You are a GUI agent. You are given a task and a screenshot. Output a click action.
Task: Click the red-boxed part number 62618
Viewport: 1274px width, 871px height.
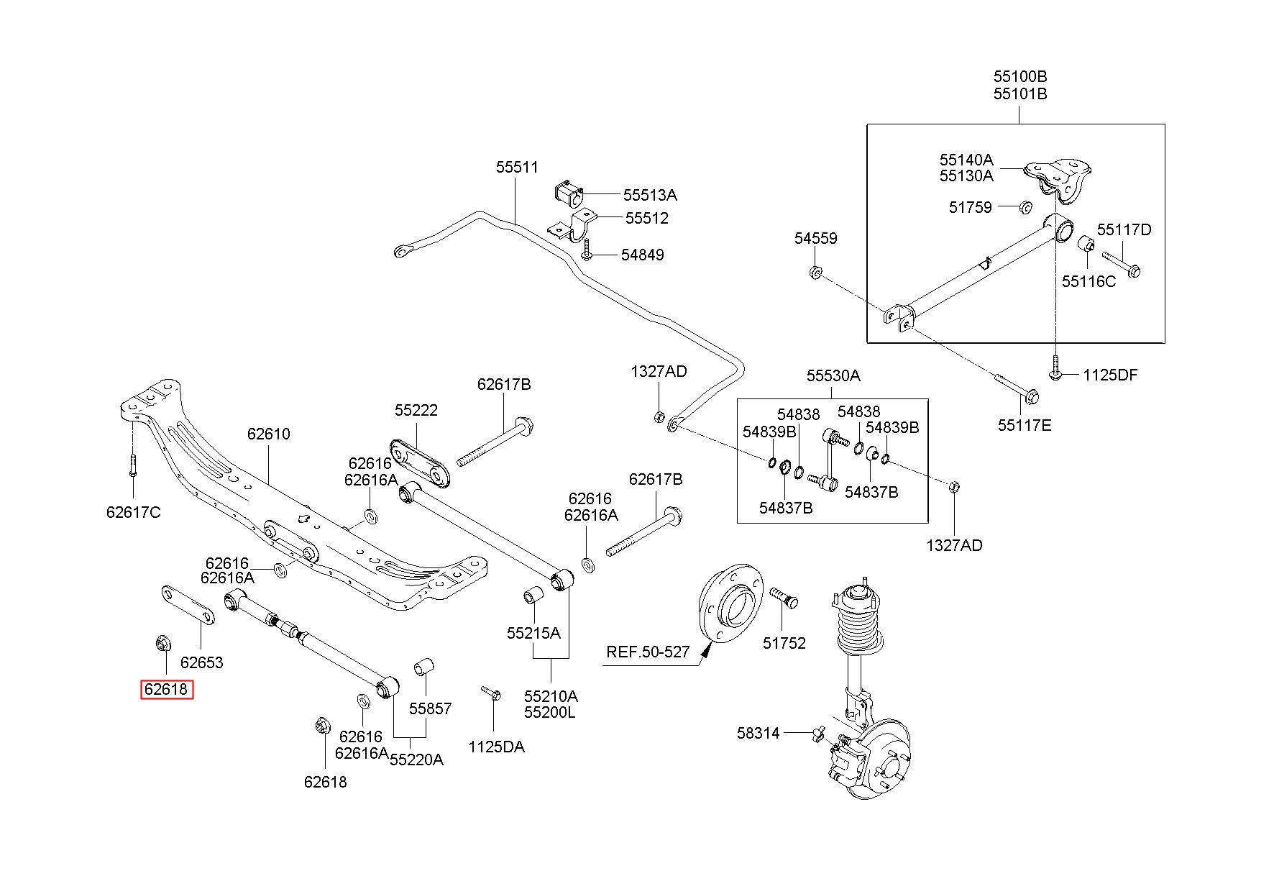point(166,690)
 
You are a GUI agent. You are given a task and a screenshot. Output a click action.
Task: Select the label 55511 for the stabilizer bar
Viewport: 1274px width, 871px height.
point(517,168)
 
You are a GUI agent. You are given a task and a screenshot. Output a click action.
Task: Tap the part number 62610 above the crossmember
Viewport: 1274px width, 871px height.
point(268,434)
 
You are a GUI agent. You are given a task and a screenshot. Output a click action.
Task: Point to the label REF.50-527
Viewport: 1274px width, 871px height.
point(648,652)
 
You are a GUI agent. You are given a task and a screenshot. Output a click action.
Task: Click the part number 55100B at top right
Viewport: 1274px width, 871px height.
point(1020,76)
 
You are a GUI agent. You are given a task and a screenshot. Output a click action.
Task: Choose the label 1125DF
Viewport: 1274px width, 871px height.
point(1110,375)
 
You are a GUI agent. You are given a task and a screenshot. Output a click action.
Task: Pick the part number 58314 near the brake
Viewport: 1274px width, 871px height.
point(758,734)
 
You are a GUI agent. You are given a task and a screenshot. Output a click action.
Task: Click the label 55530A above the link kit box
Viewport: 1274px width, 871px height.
point(833,375)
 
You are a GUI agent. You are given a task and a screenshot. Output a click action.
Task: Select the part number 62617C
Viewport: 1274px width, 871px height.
point(133,512)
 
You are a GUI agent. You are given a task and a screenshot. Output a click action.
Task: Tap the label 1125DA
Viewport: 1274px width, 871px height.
point(496,747)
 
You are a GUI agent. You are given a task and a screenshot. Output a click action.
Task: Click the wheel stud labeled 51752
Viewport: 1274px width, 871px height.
point(784,597)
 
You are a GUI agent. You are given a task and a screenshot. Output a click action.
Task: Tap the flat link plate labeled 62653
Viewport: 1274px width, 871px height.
point(185,606)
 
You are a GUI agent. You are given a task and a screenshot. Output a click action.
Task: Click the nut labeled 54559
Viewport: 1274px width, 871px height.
point(815,273)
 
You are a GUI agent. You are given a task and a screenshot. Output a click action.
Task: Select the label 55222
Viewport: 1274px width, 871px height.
point(416,410)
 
